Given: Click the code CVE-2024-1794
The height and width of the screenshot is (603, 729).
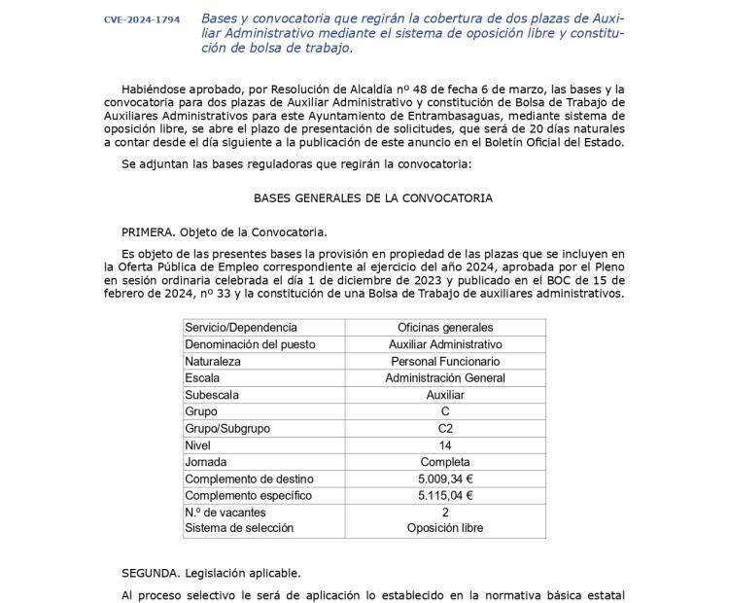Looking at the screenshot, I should tap(142, 19).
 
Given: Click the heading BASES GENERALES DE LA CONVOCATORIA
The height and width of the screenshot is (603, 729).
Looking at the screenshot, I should tap(373, 198).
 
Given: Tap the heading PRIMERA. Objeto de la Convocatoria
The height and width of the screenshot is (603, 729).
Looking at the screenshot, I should tap(225, 231).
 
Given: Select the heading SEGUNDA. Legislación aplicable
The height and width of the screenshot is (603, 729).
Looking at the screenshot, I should tap(211, 573).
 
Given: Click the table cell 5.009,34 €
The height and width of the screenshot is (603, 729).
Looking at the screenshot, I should tap(445, 479).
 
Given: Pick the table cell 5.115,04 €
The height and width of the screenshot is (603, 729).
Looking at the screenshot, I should tap(445, 495).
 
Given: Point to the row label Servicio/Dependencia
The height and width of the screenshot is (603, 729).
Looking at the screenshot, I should tap(241, 328).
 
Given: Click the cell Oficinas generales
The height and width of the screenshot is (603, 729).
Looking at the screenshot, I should tap(445, 328).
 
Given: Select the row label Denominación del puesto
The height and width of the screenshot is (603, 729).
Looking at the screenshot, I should tap(250, 344).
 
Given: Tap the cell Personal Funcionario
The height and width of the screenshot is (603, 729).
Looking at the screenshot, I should tap(445, 361).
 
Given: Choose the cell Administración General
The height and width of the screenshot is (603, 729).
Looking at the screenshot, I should tap(445, 377).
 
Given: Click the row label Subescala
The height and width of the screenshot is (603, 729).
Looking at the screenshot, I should tap(212, 395).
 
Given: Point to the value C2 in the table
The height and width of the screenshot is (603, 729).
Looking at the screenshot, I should tap(445, 428).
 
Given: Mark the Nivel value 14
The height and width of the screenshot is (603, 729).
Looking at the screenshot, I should tap(445, 444).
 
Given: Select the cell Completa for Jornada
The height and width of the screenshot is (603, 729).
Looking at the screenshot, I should tap(445, 462).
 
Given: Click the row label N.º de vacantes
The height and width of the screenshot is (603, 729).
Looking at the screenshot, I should tap(226, 512).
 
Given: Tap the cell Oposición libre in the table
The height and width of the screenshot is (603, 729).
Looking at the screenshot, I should tap(445, 528).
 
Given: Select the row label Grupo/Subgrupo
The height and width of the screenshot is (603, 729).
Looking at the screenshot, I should tap(227, 428).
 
